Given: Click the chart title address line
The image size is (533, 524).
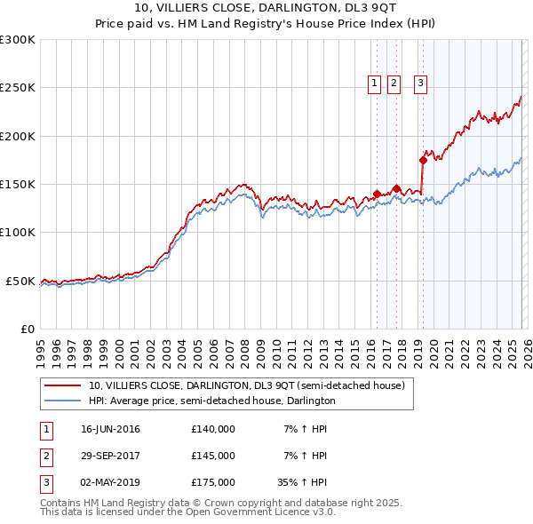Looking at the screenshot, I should (266, 9).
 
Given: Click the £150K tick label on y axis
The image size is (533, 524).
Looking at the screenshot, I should (18, 184).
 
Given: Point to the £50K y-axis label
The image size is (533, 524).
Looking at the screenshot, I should (20, 281).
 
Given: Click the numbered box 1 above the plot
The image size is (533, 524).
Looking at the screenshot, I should (374, 84).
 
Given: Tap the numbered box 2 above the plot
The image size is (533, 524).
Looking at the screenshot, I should (394, 84).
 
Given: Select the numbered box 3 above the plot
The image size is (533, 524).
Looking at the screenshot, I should (420, 84).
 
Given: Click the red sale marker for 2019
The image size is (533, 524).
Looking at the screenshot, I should (423, 160).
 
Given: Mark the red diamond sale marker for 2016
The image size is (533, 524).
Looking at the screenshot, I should (377, 194).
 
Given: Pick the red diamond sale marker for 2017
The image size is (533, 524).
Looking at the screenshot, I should (397, 188).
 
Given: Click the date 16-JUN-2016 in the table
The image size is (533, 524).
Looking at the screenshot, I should (110, 429).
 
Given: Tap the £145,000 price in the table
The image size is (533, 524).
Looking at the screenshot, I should (213, 456).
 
